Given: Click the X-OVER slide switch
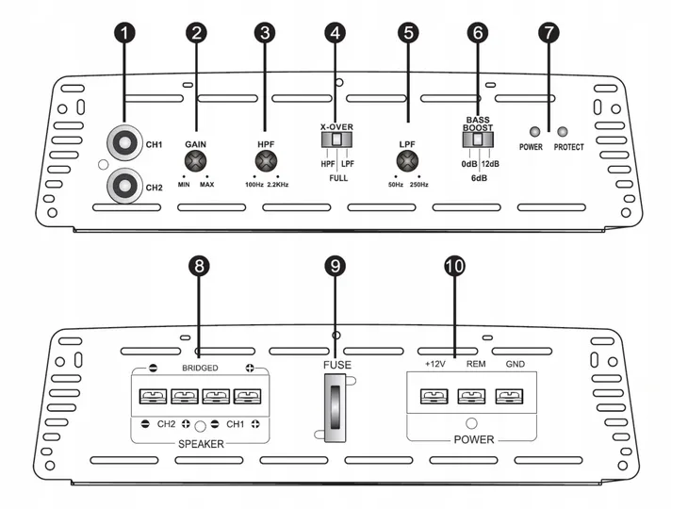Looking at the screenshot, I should coord(336,140).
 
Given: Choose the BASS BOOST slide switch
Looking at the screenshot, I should coord(478,140).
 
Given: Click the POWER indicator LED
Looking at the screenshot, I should coord(535,132).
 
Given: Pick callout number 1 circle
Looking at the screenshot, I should coord(125,31).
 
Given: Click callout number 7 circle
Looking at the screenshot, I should coord(549,31).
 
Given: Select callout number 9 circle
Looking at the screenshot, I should coord(336,267).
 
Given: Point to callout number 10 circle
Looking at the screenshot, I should coord(454,267).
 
